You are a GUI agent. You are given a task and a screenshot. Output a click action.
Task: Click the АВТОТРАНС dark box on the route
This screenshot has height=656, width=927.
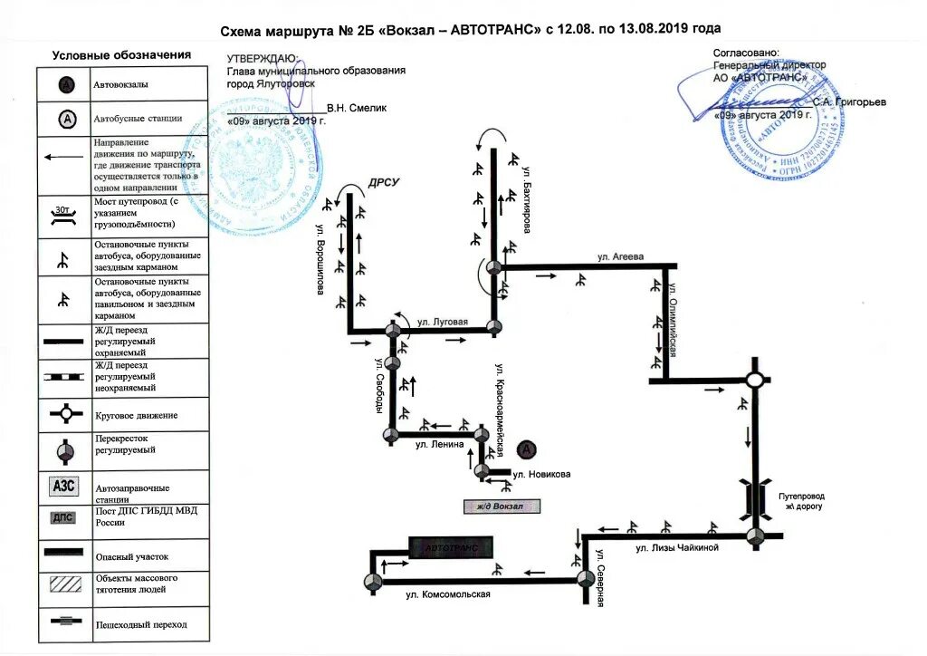click(451, 546)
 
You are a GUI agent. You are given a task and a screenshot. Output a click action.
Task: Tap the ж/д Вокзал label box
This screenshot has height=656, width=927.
click(501, 506)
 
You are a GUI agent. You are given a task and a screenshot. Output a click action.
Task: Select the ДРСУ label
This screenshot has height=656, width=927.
click(383, 183)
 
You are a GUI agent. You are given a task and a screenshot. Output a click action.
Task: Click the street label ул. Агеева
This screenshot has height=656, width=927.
click(620, 257)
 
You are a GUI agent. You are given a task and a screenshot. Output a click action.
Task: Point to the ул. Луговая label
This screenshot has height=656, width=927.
click(442, 322)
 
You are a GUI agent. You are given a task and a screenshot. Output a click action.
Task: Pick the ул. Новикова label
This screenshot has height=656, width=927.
click(541, 474)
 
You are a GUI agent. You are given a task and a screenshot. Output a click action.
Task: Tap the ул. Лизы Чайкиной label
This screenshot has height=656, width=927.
click(676, 548)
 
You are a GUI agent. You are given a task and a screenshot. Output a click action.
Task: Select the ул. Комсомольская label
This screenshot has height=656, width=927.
click(447, 594)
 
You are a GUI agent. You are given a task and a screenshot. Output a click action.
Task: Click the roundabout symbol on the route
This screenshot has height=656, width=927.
click(754, 381)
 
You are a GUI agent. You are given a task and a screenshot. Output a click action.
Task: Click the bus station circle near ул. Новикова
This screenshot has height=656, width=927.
click(526, 449)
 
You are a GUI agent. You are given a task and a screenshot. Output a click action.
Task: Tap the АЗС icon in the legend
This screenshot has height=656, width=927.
click(64, 486)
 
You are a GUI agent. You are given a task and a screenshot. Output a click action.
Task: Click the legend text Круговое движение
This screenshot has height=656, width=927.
click(136, 416)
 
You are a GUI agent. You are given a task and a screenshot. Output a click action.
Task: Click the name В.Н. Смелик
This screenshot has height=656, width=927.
click(357, 108)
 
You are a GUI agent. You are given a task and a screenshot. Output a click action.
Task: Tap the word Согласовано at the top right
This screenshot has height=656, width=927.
click(745, 53)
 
